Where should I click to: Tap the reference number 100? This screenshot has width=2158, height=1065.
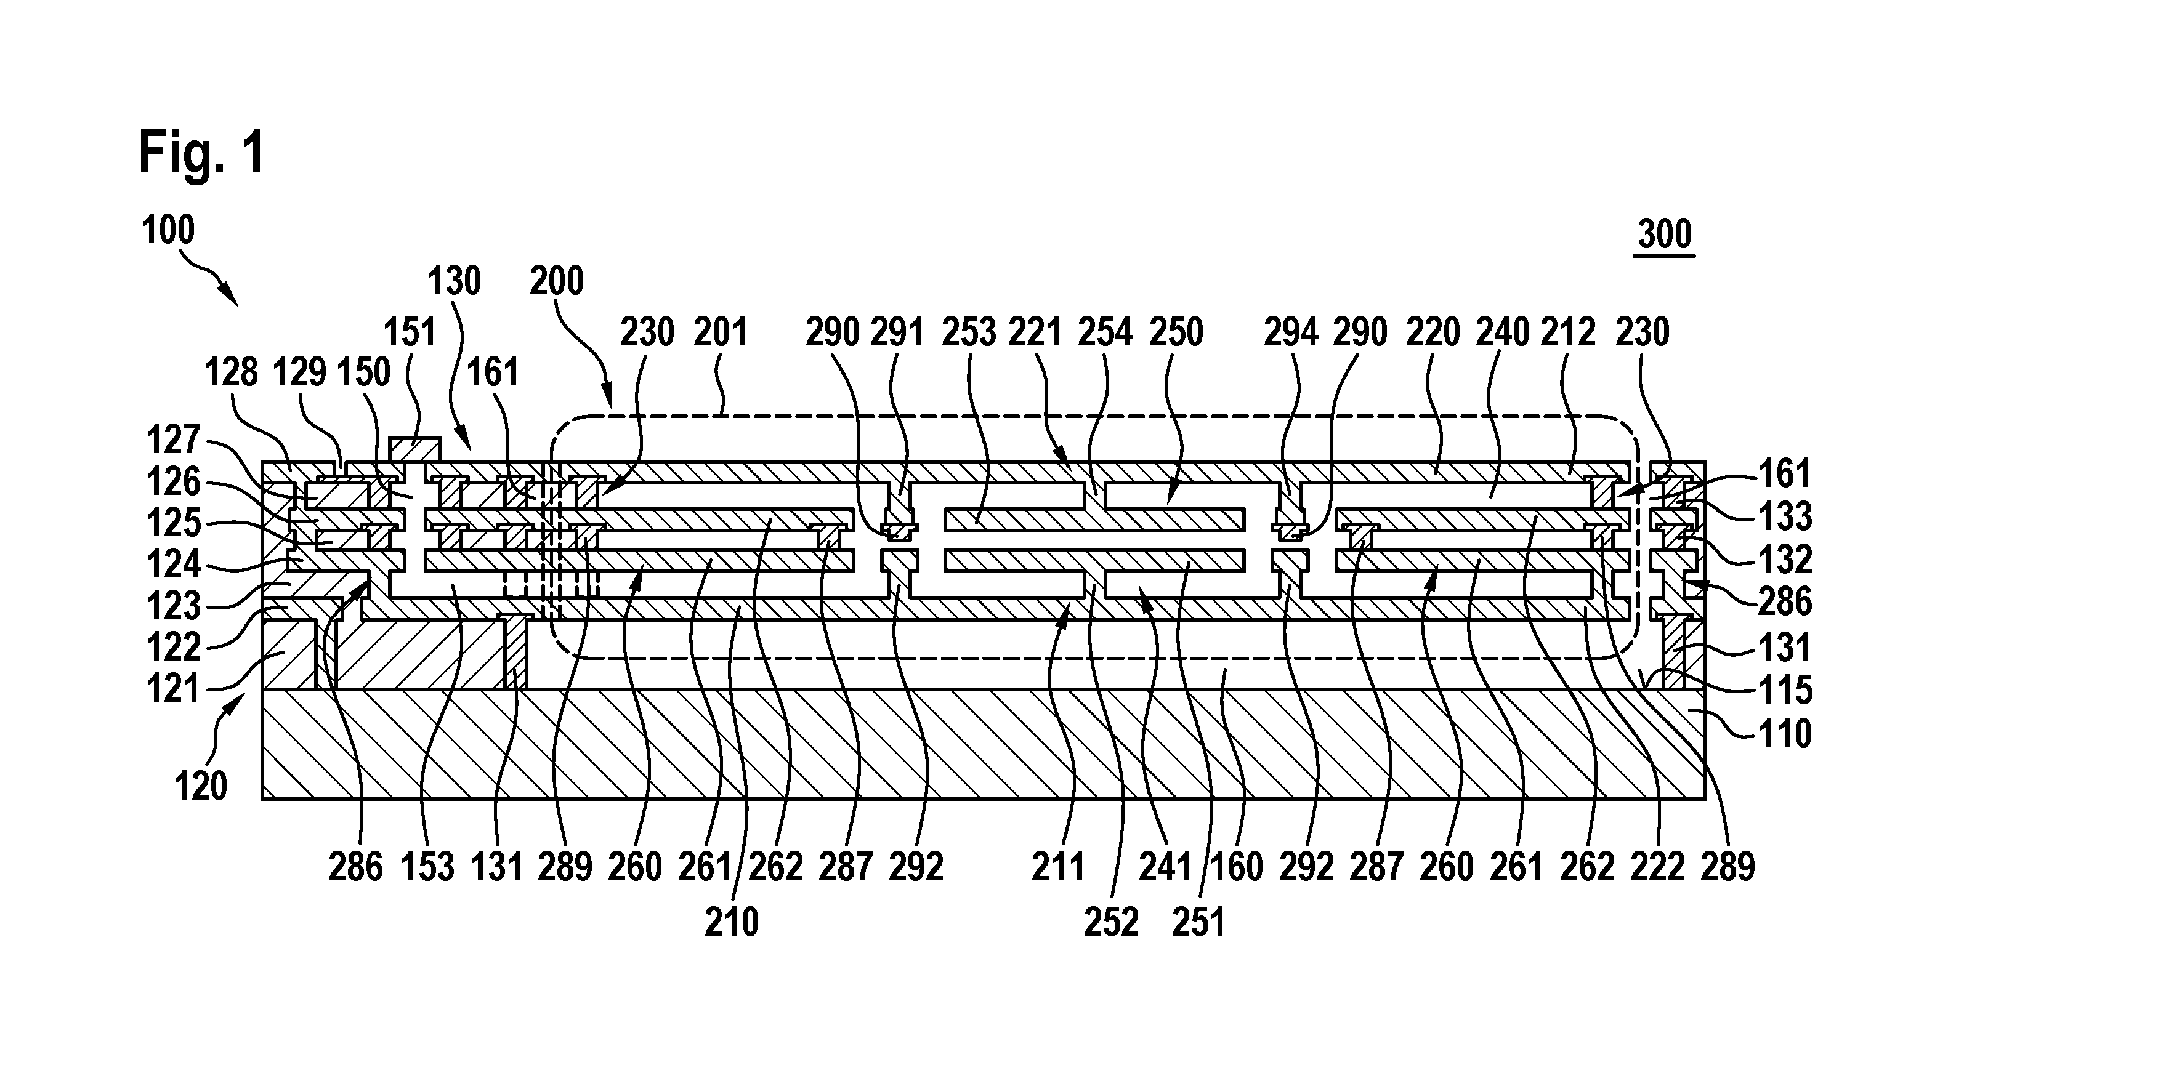(x=168, y=230)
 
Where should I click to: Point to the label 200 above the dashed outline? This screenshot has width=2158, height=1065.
(x=556, y=281)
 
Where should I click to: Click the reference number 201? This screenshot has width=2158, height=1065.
(x=721, y=332)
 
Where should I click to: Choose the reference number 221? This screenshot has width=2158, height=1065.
(x=1035, y=332)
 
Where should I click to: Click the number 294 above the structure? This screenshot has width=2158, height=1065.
(x=1291, y=332)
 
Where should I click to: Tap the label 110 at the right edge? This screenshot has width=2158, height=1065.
(x=1785, y=733)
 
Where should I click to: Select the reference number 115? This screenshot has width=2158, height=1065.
(x=1785, y=690)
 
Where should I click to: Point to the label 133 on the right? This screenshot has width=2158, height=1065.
(x=1785, y=516)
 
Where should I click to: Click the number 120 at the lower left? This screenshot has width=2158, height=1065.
(x=201, y=786)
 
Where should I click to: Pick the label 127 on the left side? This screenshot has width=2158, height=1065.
(x=174, y=440)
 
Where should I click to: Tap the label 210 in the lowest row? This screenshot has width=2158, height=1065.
(x=731, y=922)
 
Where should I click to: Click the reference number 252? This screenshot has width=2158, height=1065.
(x=1111, y=922)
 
